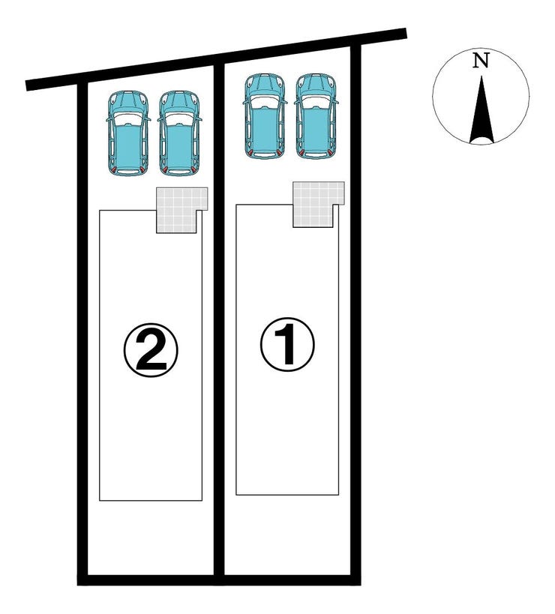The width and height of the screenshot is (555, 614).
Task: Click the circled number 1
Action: [x=287, y=344]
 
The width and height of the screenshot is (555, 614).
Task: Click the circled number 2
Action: [x=151, y=349]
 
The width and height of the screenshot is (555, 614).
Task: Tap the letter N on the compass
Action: [x=481, y=61]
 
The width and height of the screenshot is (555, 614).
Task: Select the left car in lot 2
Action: [x=128, y=133]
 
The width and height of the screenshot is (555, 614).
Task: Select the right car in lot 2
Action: [x=179, y=133]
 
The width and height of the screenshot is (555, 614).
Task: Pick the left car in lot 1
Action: [x=265, y=116]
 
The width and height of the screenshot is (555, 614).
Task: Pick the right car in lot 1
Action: [x=316, y=116]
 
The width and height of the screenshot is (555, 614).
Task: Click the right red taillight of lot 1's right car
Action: [x=329, y=153]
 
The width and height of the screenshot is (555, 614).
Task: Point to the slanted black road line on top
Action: [x=216, y=59]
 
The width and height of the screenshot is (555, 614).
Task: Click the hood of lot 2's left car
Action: [x=128, y=101]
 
